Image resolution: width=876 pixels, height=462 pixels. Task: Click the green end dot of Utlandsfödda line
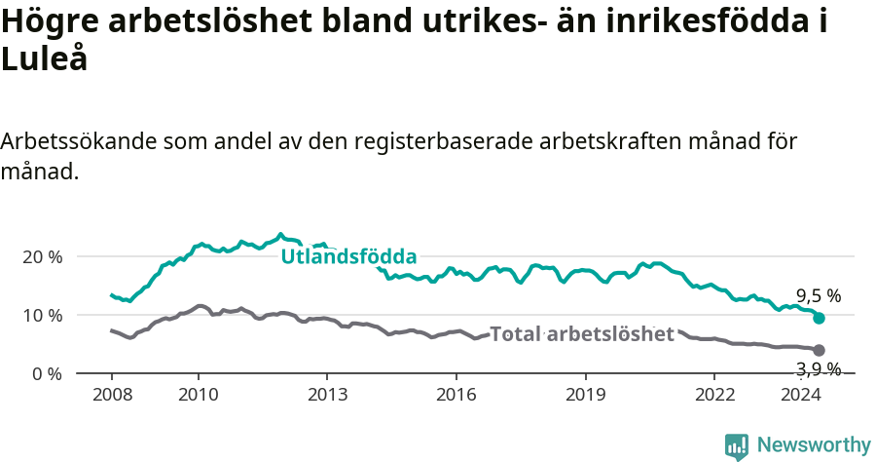[x=819, y=318]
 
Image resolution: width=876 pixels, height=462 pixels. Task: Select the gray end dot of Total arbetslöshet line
[x=819, y=350]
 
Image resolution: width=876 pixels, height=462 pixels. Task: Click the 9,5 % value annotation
[x=819, y=295]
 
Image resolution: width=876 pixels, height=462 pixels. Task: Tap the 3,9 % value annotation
[x=819, y=368]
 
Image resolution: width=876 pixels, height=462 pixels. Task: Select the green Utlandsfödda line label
[x=348, y=257]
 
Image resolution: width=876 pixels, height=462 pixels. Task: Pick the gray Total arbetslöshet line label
[x=582, y=334]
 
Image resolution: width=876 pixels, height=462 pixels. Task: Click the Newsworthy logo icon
[x=736, y=446]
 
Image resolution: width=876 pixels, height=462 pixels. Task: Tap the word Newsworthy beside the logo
[x=814, y=445]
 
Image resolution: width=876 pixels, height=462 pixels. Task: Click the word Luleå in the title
[x=45, y=58]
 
